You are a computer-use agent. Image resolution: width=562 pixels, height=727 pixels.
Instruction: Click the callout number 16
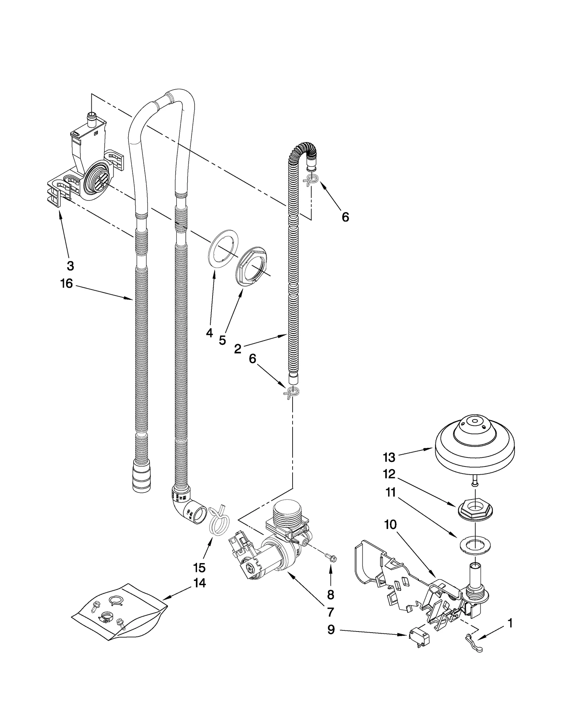pyautogui.click(x=66, y=283)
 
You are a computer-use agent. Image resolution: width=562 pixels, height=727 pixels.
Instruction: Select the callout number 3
pyautogui.click(x=70, y=266)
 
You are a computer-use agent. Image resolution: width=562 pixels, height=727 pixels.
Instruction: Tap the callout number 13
pyautogui.click(x=389, y=457)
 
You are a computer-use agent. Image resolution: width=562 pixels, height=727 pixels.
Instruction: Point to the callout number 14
pyautogui.click(x=199, y=583)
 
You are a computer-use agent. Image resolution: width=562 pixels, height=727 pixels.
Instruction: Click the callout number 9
pyautogui.click(x=331, y=630)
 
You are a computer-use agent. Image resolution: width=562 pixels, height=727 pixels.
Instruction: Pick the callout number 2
pyautogui.click(x=238, y=349)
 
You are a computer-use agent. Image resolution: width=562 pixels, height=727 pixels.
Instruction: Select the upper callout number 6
pyautogui.click(x=345, y=217)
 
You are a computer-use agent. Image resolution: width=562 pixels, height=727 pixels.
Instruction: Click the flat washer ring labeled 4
pyautogui.click(x=223, y=249)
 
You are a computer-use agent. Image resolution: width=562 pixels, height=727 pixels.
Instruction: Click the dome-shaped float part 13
pyautogui.click(x=475, y=443)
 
